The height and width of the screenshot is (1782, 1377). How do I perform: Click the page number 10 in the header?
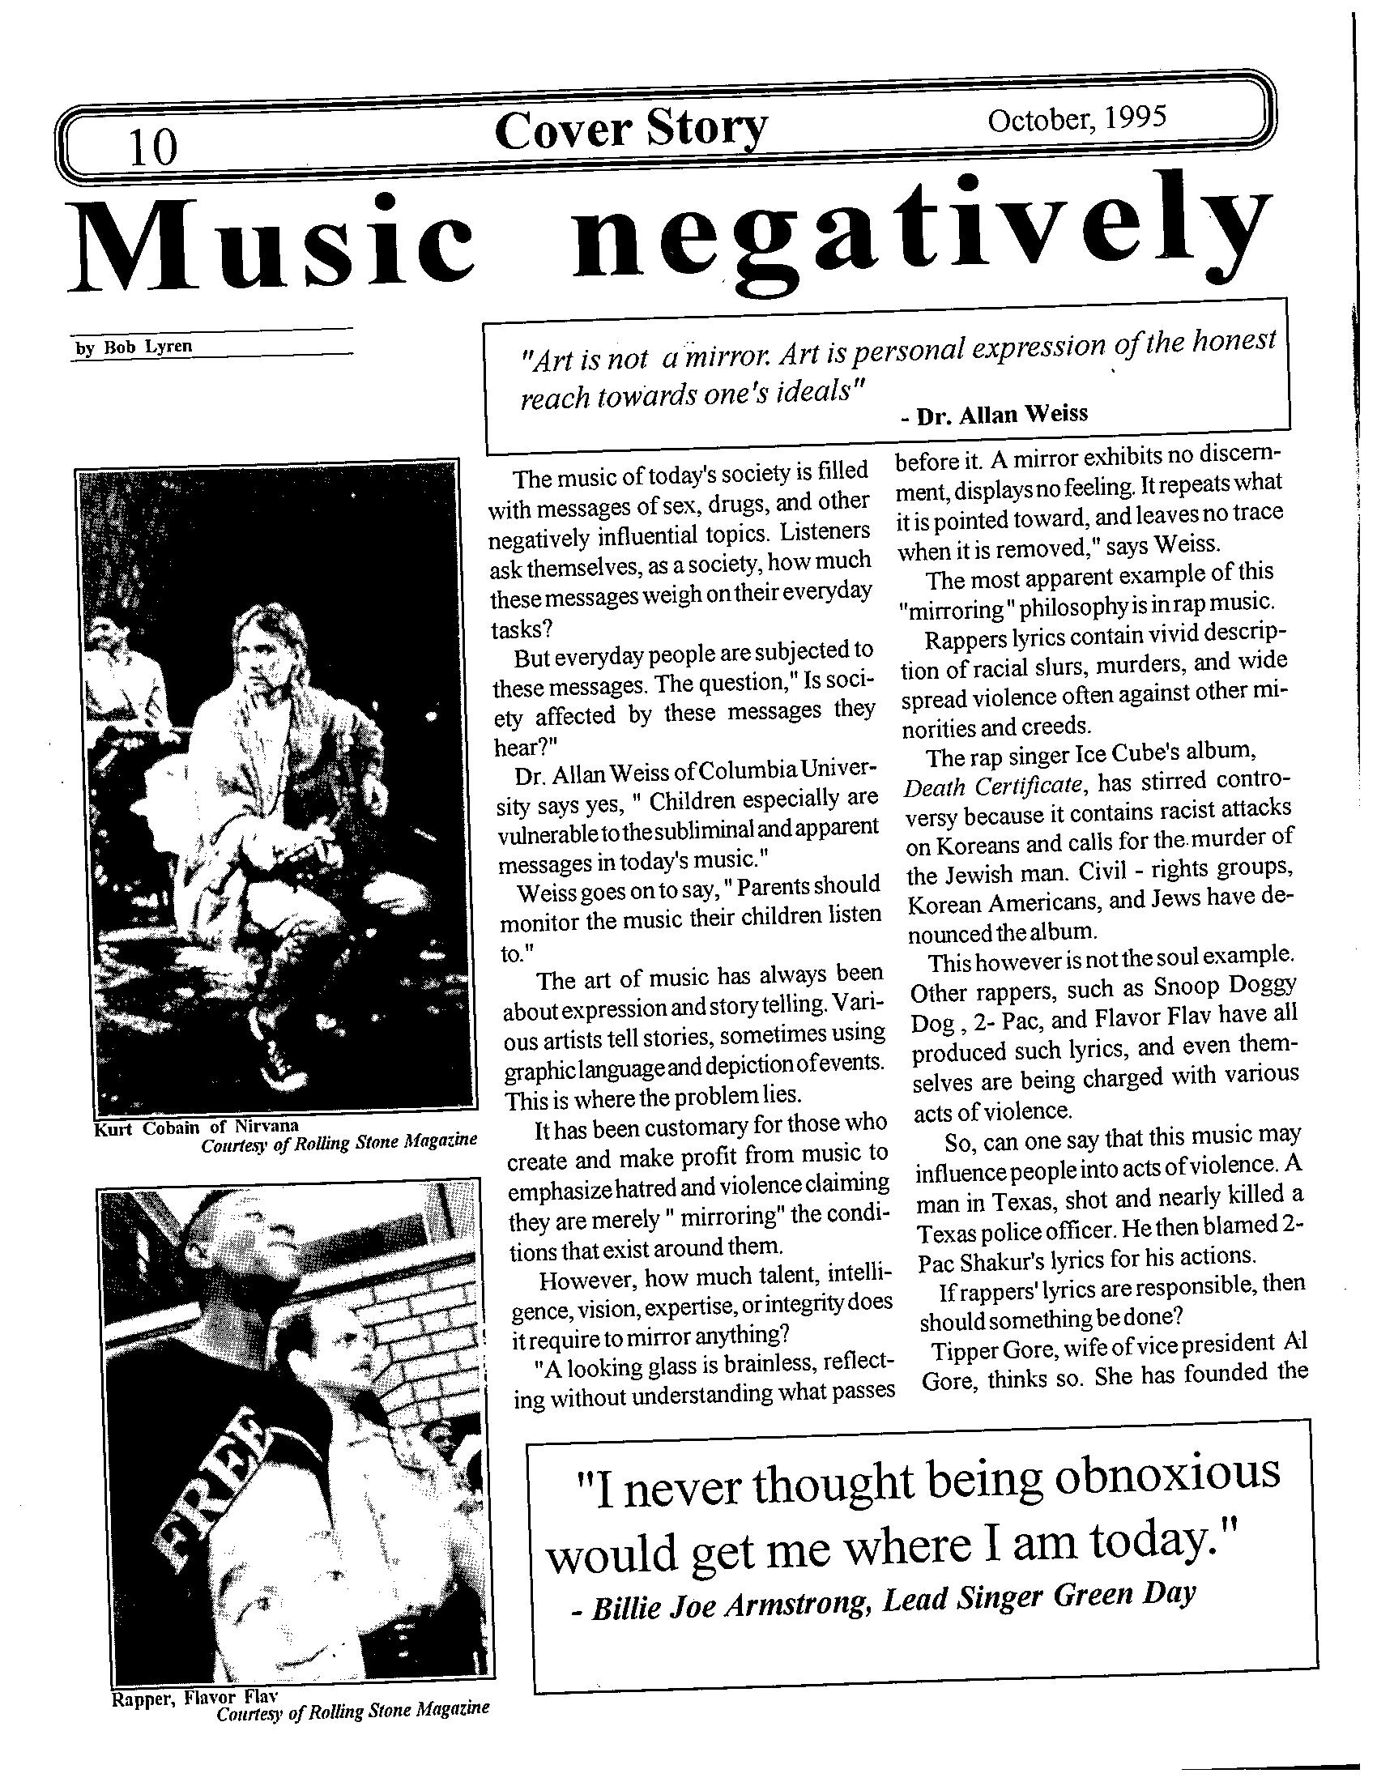point(151,147)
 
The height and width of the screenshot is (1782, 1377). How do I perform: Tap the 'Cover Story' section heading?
point(629,130)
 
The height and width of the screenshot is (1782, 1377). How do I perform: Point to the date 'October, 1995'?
point(1076,120)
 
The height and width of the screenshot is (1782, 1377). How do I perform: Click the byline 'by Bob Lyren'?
point(134,346)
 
